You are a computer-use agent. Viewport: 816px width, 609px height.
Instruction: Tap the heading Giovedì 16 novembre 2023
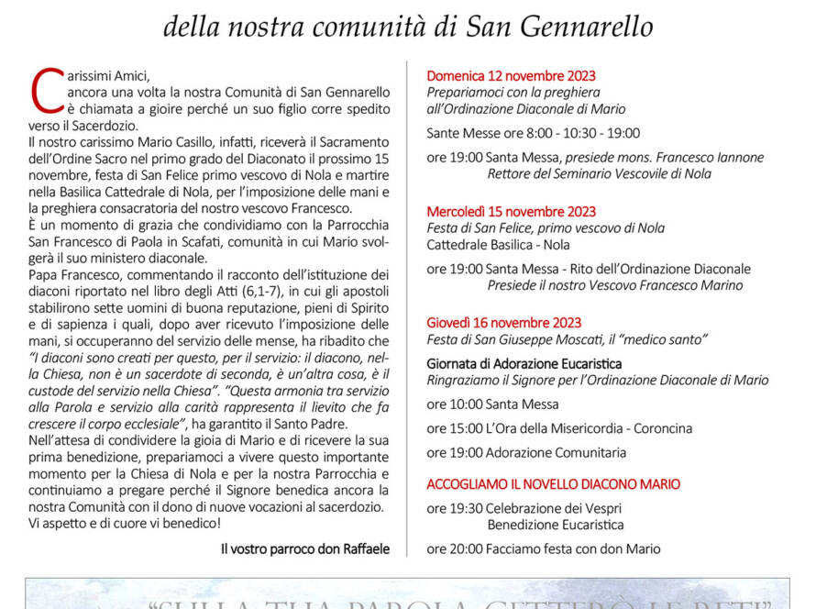(x=503, y=323)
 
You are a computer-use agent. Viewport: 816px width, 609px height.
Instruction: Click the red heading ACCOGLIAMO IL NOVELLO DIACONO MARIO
(x=553, y=484)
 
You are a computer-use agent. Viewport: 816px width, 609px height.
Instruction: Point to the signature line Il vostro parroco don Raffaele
(x=304, y=549)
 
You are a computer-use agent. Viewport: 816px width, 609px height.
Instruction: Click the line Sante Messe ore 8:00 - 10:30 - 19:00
(x=533, y=133)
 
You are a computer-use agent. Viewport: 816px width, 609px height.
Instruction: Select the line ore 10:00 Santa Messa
(x=491, y=404)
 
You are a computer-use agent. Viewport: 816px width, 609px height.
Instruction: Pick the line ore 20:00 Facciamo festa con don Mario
(x=543, y=549)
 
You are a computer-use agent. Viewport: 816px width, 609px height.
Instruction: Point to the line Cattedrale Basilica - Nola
(x=498, y=245)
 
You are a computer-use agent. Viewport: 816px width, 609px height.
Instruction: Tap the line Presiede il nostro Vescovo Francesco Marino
(x=614, y=285)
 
